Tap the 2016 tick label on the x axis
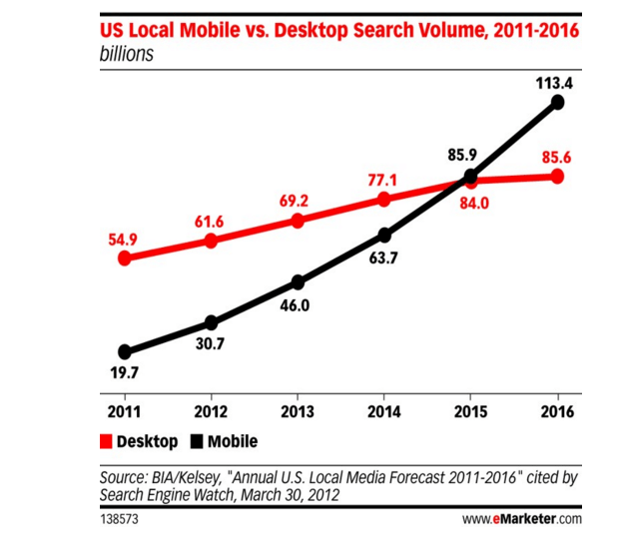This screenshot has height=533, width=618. [x=557, y=410]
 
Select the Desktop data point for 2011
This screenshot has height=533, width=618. [x=125, y=258]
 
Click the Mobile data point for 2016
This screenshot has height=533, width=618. [x=558, y=102]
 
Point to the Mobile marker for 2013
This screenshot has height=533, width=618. [x=298, y=281]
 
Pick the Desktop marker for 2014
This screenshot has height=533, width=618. [x=384, y=200]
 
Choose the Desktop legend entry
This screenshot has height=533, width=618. [x=139, y=441]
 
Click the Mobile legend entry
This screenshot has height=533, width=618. [x=223, y=441]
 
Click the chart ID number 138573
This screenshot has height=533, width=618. [x=119, y=519]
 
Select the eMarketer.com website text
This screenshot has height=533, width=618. [x=521, y=519]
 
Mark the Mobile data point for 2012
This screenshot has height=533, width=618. [x=211, y=322]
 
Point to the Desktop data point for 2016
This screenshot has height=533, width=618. [x=558, y=177]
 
